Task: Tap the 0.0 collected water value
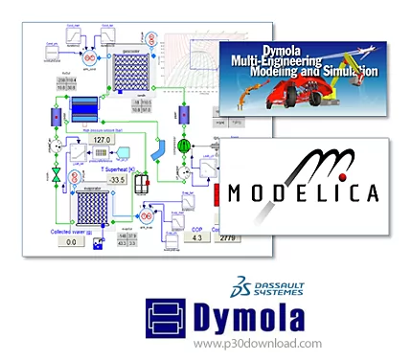(x=70, y=242)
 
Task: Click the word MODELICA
(x=306, y=192)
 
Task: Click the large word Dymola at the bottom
(x=253, y=314)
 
